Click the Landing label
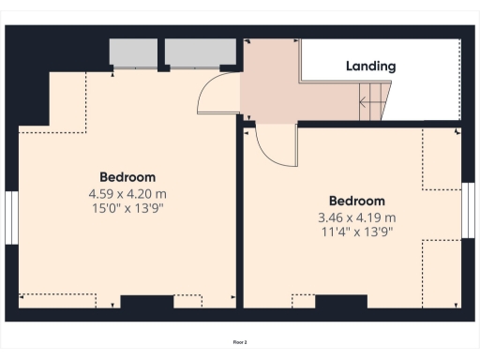[370, 67]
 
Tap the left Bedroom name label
[127, 177]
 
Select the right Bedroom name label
[356, 202]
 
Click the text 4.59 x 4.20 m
[127, 193]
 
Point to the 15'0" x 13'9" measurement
[127, 208]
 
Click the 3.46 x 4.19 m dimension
[356, 217]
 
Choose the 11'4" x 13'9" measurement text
[356, 232]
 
